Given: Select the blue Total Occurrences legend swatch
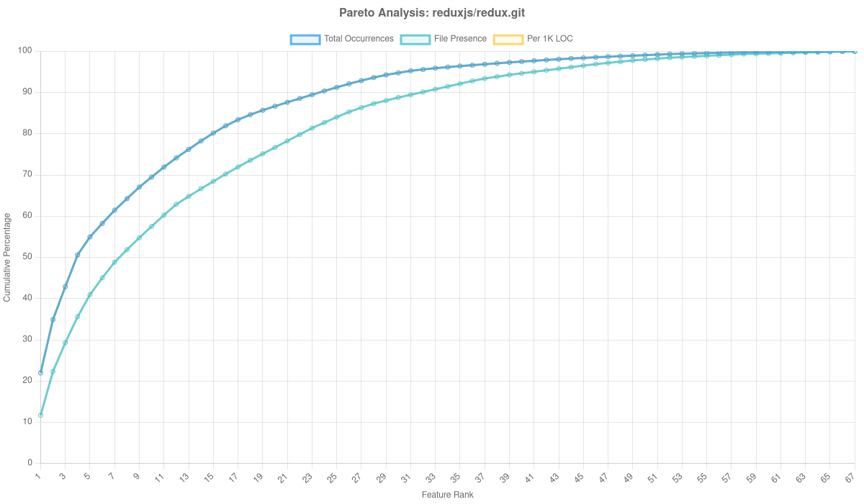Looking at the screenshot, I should point(305,39).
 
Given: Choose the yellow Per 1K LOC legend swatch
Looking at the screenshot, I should point(508,39).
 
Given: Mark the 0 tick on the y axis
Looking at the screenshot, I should point(30,462).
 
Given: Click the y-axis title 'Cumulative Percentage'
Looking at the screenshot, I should point(7,257).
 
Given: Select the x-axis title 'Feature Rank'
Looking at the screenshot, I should point(447,495).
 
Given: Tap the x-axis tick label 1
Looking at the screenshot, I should point(38,476).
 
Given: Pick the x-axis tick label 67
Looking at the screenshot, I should point(850,477).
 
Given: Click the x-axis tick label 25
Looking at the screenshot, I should point(332,477).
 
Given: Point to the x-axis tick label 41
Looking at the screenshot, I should point(529,477).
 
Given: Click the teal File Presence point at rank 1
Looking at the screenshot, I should point(40,415).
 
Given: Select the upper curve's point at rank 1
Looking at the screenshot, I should point(40,372).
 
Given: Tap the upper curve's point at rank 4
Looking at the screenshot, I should point(78,255).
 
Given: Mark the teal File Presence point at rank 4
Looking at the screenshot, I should point(78,317).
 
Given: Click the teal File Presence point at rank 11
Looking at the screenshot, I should point(163,215).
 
